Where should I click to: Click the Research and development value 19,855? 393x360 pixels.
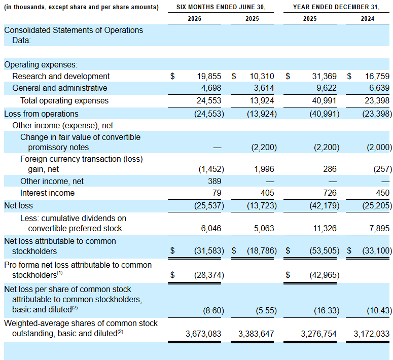tap(209, 76)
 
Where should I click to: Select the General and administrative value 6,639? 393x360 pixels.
tap(377, 88)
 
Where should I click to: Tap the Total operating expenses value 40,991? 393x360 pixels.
tap(324, 101)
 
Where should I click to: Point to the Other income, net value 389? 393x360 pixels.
tap(215, 181)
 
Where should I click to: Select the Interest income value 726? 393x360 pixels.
tap(330, 193)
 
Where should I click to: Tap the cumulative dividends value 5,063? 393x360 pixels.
tap(264, 228)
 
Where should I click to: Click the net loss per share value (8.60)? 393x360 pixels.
tap(213, 311)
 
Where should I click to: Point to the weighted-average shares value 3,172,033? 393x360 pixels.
tap(371, 334)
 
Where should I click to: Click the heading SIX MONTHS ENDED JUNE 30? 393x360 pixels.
tap(221, 7)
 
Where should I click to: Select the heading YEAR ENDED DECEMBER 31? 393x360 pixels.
tap(336, 7)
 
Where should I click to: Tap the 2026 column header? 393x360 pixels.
tap(195, 19)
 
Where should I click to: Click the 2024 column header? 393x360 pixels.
tap(368, 19)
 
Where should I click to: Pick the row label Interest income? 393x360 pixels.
tap(47, 193)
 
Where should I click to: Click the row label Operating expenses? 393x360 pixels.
tap(41, 65)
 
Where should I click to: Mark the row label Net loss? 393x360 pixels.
tap(19, 205)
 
